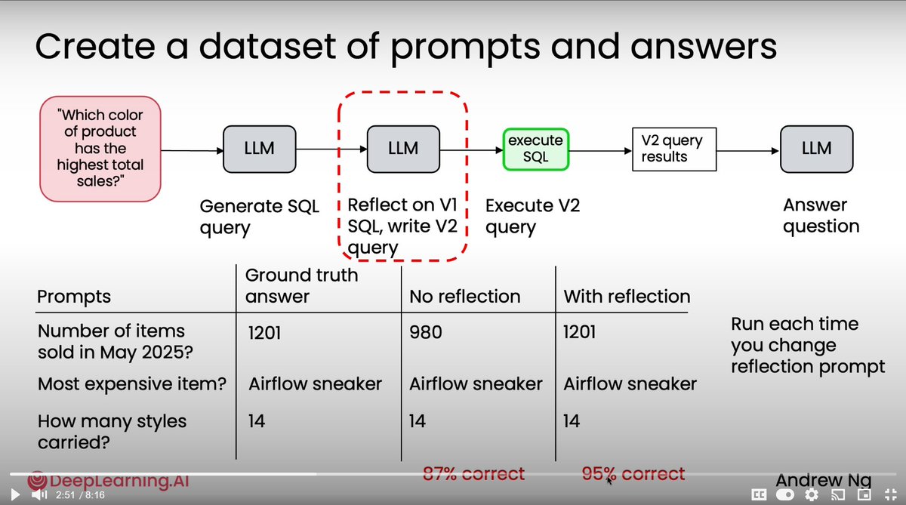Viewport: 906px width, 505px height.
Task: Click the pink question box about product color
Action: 100,149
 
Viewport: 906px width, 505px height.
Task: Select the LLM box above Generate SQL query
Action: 259,148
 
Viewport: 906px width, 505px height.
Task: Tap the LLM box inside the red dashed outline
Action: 402,148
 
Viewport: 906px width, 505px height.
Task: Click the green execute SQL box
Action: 535,149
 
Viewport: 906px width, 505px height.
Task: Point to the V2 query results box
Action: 673,149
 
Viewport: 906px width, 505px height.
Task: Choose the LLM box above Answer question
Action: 817,148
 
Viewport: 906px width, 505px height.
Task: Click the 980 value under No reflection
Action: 425,332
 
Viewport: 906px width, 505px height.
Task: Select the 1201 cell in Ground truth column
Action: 264,332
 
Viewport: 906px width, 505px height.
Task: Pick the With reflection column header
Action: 627,297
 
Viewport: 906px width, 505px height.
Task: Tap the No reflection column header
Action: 464,297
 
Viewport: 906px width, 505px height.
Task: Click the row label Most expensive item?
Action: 132,384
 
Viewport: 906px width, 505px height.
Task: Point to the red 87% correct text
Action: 473,474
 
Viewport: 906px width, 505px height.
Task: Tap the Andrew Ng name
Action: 823,481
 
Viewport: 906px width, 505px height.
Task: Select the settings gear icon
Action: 812,495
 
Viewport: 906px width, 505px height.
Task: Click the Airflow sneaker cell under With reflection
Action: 630,384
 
